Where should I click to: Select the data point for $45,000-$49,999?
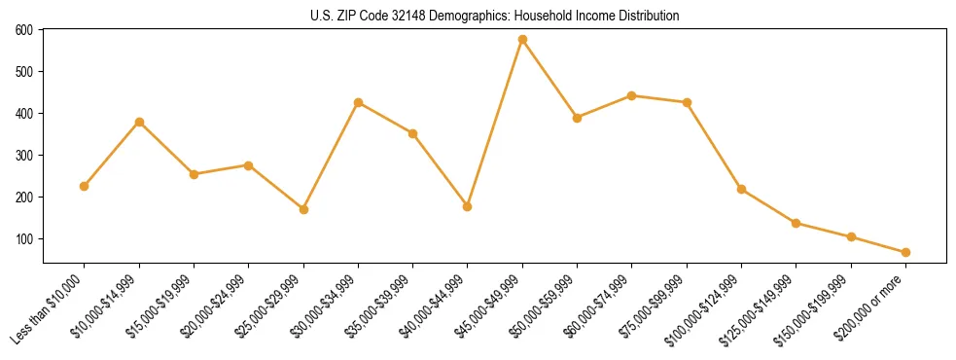(x=522, y=40)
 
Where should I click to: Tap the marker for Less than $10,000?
(x=85, y=186)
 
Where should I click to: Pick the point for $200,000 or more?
(x=905, y=252)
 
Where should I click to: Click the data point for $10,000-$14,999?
(x=139, y=122)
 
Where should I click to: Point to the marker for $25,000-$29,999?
(x=303, y=209)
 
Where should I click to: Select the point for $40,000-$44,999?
(x=468, y=206)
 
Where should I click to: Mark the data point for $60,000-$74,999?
(x=632, y=95)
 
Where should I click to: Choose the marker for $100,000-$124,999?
(x=741, y=189)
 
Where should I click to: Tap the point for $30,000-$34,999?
(x=358, y=102)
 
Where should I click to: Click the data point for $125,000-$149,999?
(x=796, y=223)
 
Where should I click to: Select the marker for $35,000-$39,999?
(x=412, y=133)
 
